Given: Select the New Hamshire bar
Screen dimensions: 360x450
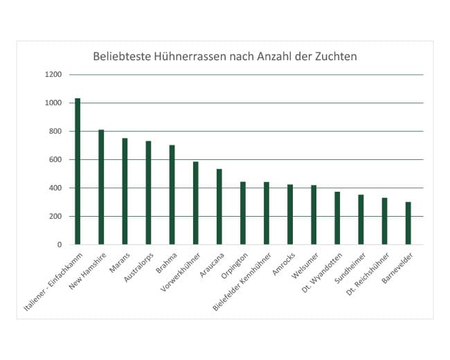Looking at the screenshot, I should (101, 187).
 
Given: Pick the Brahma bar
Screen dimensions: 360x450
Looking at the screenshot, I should (172, 195).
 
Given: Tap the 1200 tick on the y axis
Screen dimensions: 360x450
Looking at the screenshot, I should (53, 75).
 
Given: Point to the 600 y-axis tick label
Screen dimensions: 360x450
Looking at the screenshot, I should (55, 160).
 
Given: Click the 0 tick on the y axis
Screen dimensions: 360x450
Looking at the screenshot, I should (60, 245).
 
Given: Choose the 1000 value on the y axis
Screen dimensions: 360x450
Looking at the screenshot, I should (53, 103).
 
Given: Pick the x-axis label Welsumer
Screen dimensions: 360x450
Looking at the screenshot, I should (305, 261).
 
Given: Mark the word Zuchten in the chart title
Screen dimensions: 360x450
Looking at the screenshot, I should (334, 56).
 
